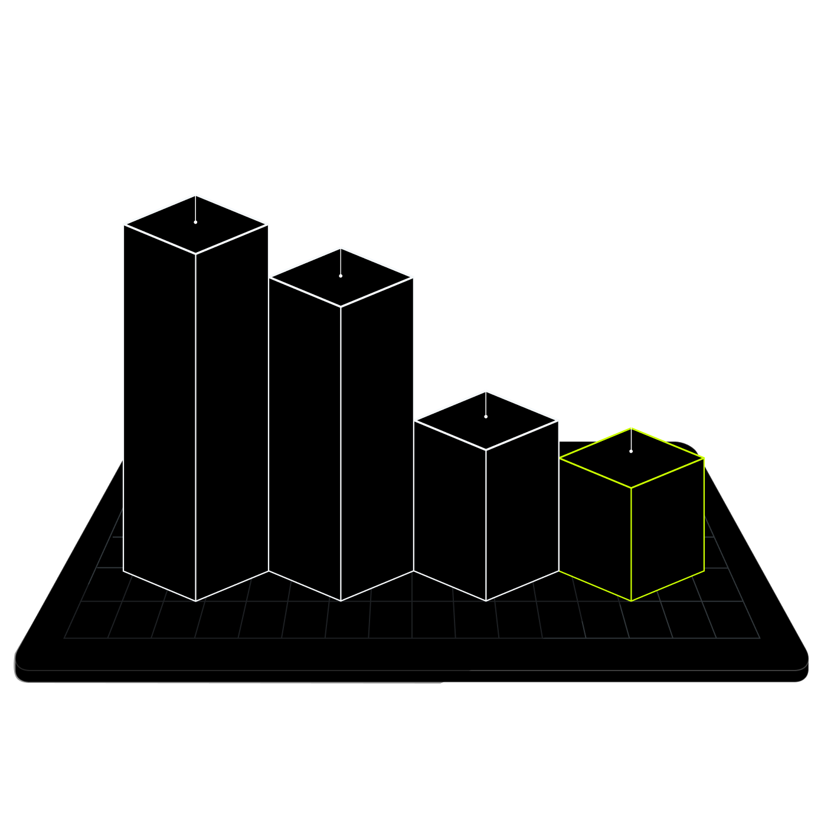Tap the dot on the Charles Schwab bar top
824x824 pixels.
tap(341, 276)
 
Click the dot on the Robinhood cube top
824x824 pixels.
tap(631, 452)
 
